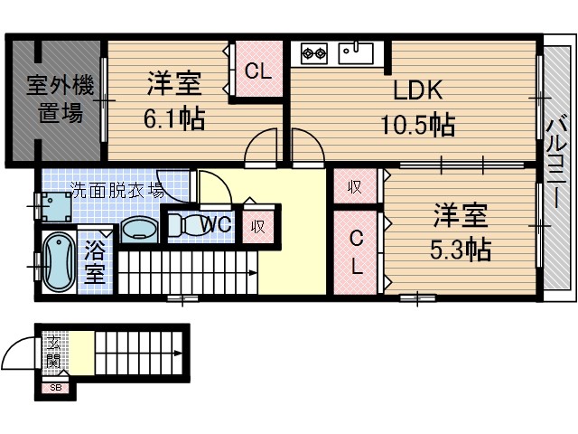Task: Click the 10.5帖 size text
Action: [x=416, y=124]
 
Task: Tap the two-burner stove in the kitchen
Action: [x=313, y=53]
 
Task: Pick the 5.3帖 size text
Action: [x=461, y=249]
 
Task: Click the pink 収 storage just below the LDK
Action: [x=355, y=187]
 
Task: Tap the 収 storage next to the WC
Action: [x=258, y=226]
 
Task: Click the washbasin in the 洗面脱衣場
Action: [x=139, y=230]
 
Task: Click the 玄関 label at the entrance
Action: [x=55, y=354]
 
